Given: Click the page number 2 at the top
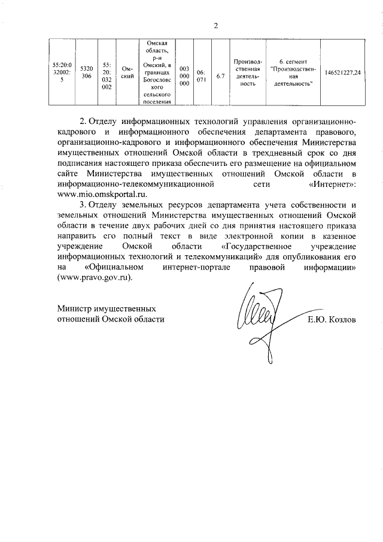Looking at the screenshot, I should [217, 25].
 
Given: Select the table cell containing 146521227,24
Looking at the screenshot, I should [342, 72].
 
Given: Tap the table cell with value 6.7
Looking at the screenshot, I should [220, 72].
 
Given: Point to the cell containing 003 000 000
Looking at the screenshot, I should [185, 72].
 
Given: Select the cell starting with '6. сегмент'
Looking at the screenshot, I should [291, 72].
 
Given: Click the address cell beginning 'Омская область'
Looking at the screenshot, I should [155, 72].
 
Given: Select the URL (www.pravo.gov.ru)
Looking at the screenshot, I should [95, 278].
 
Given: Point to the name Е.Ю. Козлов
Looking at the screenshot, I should [332, 320].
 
